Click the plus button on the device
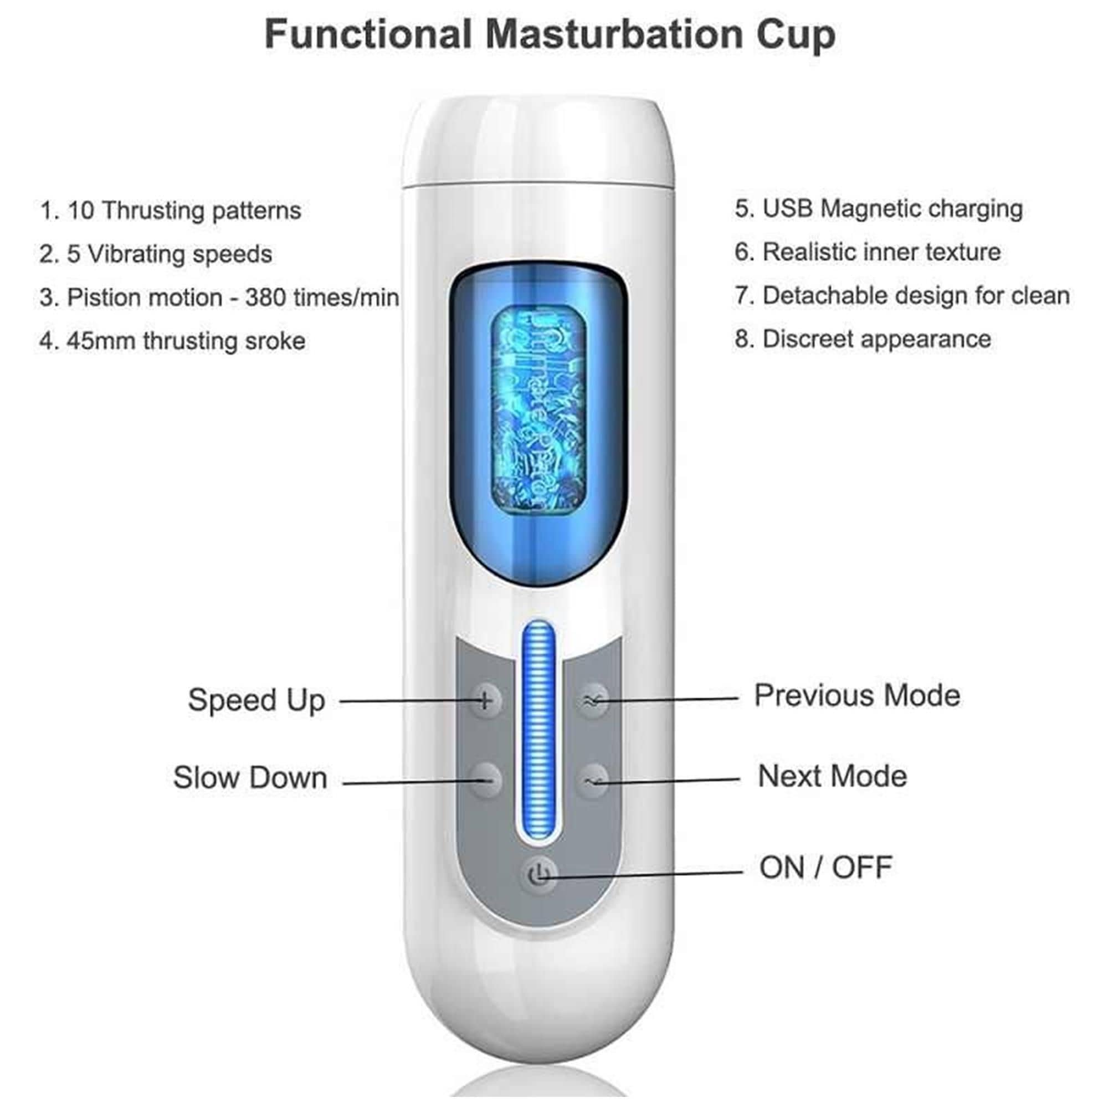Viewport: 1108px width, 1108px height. coord(485,700)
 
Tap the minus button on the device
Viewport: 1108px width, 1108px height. coord(485,779)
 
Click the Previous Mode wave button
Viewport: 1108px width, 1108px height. coord(593,700)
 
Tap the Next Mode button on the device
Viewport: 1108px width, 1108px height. coord(593,779)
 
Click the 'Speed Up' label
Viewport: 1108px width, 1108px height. coord(257,700)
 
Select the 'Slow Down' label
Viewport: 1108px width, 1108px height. coord(250,778)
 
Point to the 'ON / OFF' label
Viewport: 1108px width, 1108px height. coord(825,867)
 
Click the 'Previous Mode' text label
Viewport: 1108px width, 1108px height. coord(857,696)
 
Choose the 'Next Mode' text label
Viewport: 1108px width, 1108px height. coord(832,777)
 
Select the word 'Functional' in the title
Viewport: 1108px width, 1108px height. coord(368,34)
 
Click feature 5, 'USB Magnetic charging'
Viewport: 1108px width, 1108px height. coord(879,209)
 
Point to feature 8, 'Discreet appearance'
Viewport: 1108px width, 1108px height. coord(863,340)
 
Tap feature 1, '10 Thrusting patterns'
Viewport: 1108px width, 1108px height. coord(170,211)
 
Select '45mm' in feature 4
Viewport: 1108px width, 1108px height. coord(101,341)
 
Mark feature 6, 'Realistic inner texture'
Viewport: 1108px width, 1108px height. coord(868,252)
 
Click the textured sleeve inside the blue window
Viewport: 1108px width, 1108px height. coord(538,411)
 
